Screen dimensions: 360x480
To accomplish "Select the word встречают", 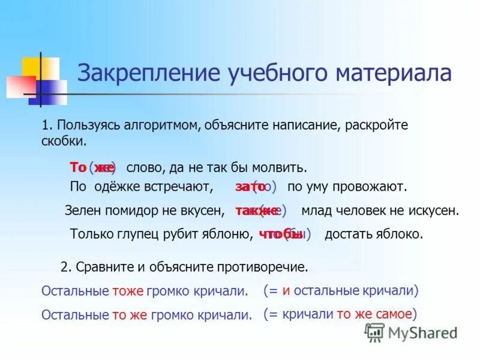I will pyautogui.click(x=179, y=187).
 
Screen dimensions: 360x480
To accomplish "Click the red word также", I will pyautogui.click(x=256, y=211).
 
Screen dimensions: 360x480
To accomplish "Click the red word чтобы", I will pyautogui.click(x=280, y=234).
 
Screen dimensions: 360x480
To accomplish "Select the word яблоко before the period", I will pyautogui.click(x=396, y=234).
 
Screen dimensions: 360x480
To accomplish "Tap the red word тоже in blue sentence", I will pyautogui.click(x=127, y=292).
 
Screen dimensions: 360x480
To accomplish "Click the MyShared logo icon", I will pyautogui.click(x=374, y=332).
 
